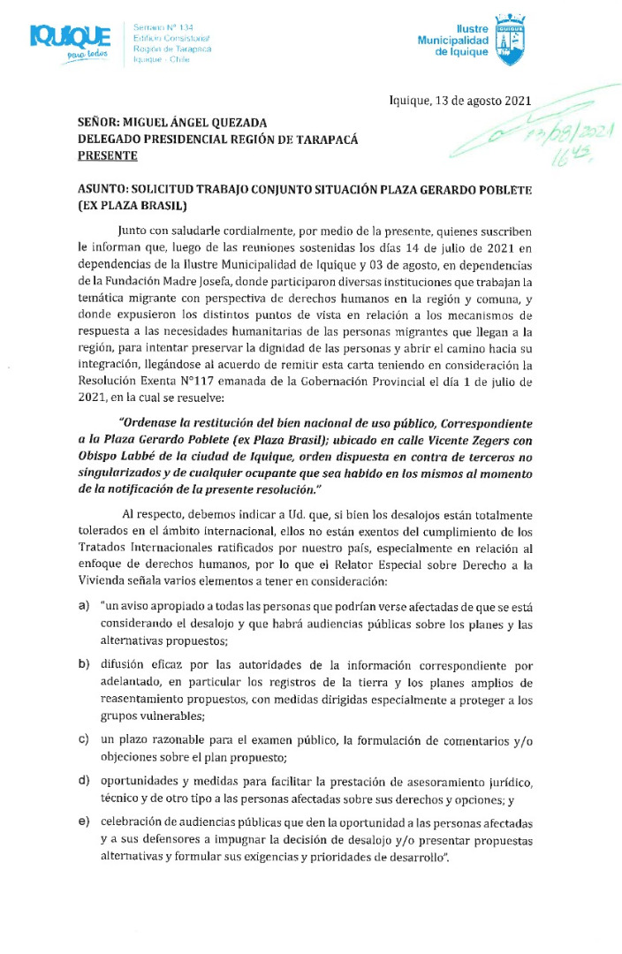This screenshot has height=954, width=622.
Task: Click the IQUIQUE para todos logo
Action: coord(70,41)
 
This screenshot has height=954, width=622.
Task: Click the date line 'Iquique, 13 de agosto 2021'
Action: coord(459,101)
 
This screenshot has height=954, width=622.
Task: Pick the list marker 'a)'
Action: coord(83,606)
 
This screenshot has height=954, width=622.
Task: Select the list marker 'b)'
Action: coord(83,663)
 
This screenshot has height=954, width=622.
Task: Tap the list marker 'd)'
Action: coord(83,779)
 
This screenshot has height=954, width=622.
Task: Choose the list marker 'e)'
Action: coord(83,821)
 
